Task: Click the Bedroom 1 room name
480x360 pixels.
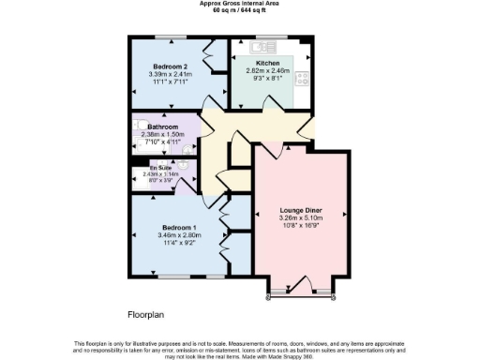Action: [x=178, y=229]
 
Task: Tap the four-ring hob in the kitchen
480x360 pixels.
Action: [x=303, y=78]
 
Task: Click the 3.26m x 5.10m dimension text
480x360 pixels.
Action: [x=302, y=218]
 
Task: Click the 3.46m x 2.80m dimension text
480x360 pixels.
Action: [x=178, y=236]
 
